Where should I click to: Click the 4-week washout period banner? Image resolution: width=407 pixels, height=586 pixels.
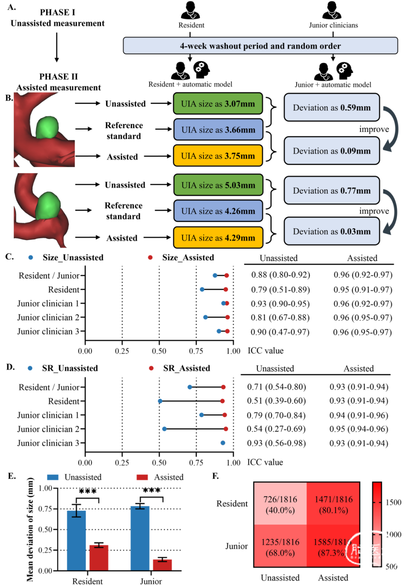260,46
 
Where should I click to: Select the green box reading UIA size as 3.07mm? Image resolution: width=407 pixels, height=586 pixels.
218,104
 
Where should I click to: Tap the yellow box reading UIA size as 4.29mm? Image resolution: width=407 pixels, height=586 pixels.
218,238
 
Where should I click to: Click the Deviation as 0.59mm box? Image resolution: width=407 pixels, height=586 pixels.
332,108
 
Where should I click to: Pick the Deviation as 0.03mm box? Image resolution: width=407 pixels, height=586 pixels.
332,231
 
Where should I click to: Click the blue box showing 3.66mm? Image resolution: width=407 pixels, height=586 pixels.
218,130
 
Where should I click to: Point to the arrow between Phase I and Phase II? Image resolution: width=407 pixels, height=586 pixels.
57,47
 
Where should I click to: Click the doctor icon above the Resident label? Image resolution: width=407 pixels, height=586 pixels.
191,11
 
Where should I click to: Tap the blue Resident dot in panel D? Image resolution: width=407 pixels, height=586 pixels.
160,401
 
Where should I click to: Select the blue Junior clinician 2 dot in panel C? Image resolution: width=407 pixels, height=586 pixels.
205,317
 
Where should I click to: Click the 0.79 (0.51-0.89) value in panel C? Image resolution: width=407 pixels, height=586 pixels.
280,289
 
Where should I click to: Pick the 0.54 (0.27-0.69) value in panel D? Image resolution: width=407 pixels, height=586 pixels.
276,429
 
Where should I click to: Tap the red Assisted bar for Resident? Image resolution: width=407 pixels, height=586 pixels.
99,558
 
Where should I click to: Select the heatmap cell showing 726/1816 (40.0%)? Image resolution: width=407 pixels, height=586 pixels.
280,504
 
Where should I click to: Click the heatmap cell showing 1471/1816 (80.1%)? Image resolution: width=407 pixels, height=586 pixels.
334,504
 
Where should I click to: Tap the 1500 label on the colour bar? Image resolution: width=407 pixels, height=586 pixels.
393,502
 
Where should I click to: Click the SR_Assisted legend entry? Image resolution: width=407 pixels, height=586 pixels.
186,368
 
